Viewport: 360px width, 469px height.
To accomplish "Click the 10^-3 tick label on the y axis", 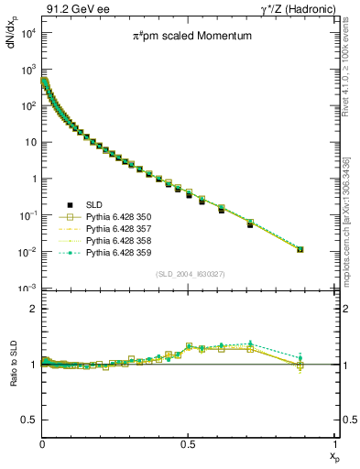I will click(27, 289).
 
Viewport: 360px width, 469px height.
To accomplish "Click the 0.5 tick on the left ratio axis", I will click(29, 420).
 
